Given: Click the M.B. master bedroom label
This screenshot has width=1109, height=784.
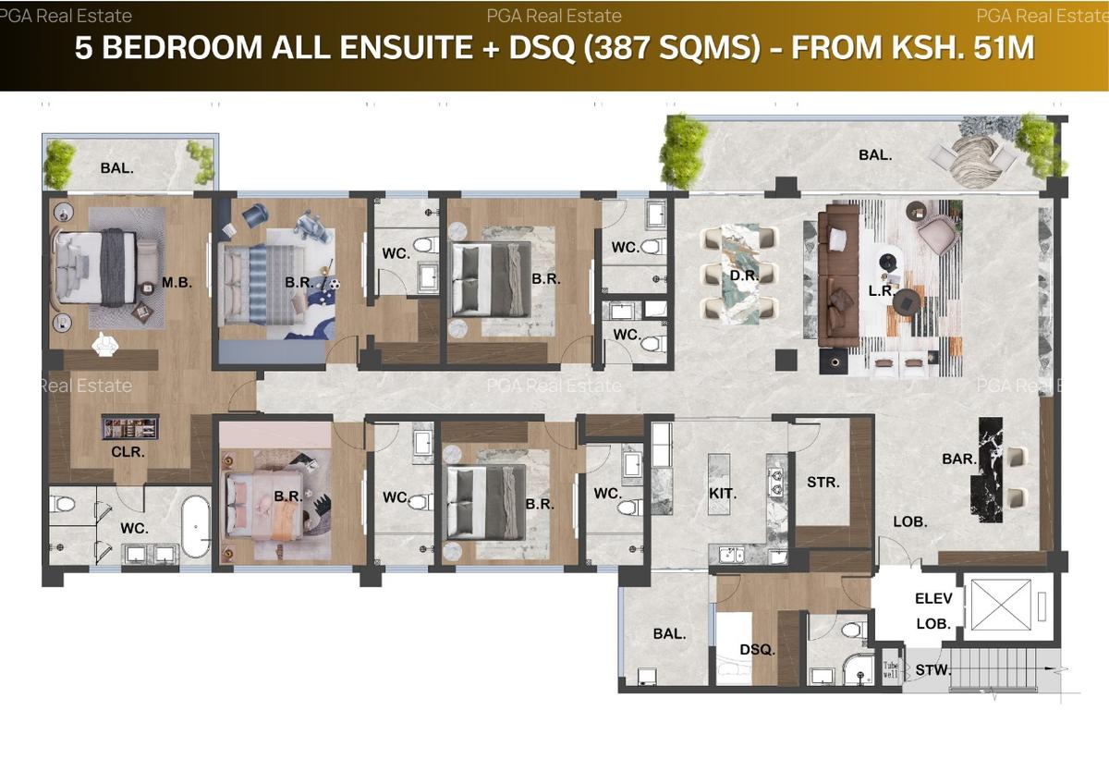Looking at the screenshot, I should point(177,283).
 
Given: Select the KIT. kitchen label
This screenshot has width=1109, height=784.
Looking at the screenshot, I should point(723,494).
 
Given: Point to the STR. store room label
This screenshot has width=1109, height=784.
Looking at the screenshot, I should point(823,482).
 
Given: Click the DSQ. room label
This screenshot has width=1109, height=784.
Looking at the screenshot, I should point(758,650).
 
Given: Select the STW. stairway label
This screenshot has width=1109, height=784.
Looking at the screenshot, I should point(933,669).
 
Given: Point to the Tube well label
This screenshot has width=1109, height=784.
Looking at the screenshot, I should point(890,669).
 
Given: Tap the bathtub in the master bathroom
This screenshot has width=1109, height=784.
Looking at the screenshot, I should point(196,527).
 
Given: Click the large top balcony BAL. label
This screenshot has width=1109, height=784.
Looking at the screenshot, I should point(875,155).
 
